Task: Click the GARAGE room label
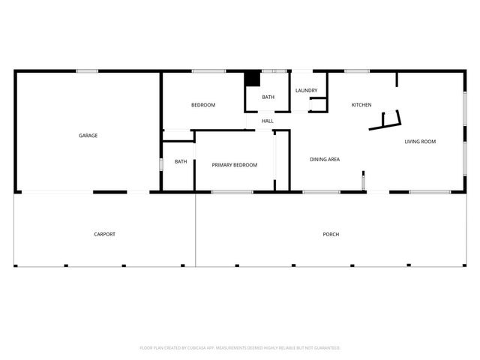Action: coord(88,136)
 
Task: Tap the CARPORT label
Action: coord(104,235)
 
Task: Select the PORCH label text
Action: coord(331,235)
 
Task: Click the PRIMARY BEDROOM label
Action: coord(235,165)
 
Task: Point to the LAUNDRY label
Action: coord(306,91)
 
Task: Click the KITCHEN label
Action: coord(361,105)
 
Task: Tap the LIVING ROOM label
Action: coord(420,142)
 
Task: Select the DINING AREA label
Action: coord(325,159)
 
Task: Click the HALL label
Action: coord(268,121)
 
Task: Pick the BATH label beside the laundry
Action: coord(268,97)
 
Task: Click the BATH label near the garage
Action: coord(181,161)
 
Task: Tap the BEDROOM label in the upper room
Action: coord(203,105)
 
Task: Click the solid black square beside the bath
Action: coord(253,79)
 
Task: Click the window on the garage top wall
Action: coord(87,71)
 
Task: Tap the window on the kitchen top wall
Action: coord(357,71)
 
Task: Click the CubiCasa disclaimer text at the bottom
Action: coord(240,348)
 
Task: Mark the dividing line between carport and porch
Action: coord(196,229)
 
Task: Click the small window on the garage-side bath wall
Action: coord(160,163)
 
